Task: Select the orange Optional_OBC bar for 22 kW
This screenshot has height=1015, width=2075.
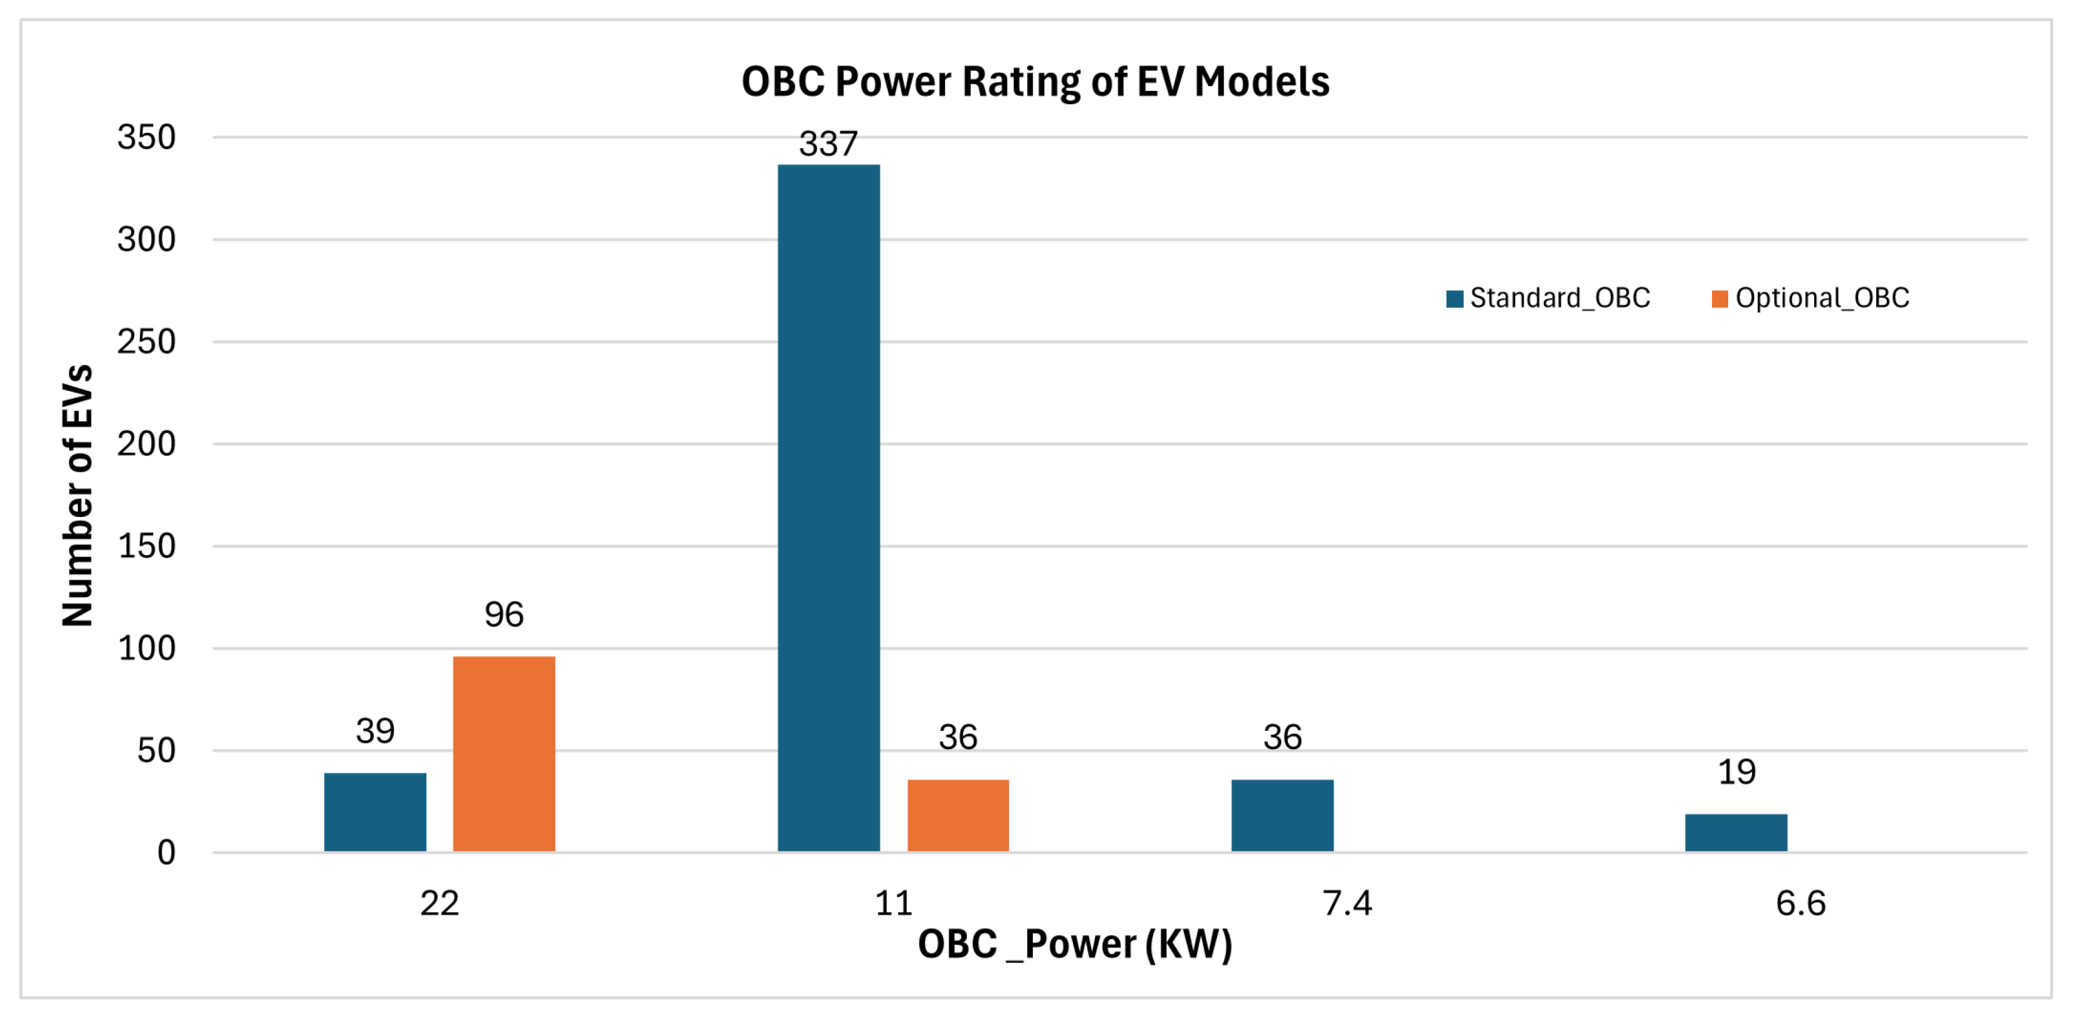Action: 504,753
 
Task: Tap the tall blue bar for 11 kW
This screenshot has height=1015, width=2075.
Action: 828,507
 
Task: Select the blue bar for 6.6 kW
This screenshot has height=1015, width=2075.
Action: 1736,832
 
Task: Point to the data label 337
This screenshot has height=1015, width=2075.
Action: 828,144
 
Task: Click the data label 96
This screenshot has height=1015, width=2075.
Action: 504,615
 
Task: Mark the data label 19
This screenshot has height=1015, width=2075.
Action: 1736,772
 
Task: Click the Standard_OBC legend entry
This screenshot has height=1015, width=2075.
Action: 1548,298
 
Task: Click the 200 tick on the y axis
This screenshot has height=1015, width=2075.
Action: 146,444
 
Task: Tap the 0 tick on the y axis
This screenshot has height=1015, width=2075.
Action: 166,853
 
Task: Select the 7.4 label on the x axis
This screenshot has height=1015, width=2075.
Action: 1347,903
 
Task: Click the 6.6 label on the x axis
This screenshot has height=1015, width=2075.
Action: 1800,903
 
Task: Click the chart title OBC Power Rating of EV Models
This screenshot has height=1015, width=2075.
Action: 1035,82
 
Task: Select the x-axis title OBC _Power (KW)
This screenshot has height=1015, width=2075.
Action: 1075,944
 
